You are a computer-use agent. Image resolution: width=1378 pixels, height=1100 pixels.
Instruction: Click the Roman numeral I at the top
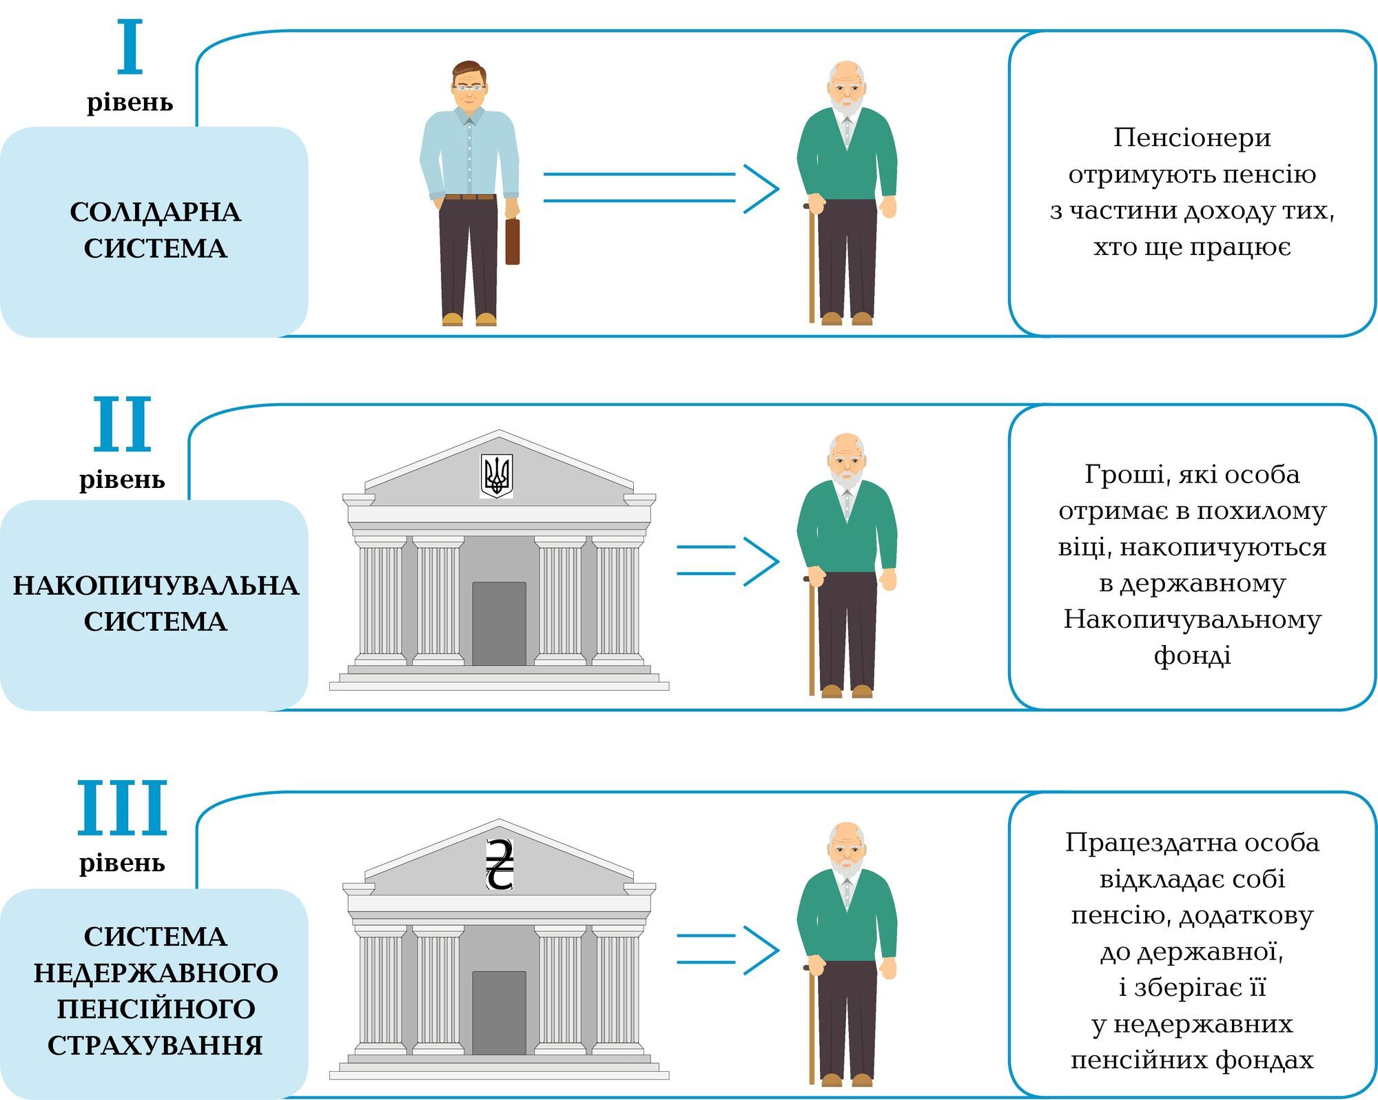pyautogui.click(x=130, y=47)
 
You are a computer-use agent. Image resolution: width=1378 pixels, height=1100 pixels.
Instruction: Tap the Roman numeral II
pyautogui.click(x=122, y=424)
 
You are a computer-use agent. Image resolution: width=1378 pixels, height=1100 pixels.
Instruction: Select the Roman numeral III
pyautogui.click(x=122, y=808)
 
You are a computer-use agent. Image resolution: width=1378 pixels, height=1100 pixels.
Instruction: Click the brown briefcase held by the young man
pyautogui.click(x=512, y=241)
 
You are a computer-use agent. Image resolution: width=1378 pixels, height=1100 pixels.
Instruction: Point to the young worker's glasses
pyautogui.click(x=469, y=88)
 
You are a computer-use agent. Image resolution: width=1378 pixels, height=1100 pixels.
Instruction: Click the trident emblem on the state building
pyautogui.click(x=496, y=476)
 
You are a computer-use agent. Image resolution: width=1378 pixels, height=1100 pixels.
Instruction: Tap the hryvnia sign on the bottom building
pyautogui.click(x=499, y=865)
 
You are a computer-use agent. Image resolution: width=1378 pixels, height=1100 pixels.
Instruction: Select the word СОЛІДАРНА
pyautogui.click(x=155, y=212)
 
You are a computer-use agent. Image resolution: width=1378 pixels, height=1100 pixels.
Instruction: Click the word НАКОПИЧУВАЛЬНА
pyautogui.click(x=155, y=586)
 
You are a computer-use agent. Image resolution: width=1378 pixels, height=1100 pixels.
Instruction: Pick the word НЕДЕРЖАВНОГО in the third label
pyautogui.click(x=156, y=973)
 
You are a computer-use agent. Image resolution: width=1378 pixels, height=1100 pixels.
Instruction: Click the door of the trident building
pyautogui.click(x=499, y=624)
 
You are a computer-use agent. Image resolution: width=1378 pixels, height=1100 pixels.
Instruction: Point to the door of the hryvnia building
pyautogui.click(x=499, y=1013)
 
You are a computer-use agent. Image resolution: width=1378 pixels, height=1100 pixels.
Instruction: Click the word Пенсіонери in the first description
pyautogui.click(x=1192, y=138)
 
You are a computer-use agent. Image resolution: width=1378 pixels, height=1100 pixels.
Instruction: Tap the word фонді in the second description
pyautogui.click(x=1192, y=655)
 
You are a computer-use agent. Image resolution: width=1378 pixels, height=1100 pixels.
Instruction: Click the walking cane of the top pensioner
pyautogui.click(x=812, y=269)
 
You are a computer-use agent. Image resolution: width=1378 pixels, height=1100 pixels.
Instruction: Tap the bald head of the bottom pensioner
pyautogui.click(x=846, y=833)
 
